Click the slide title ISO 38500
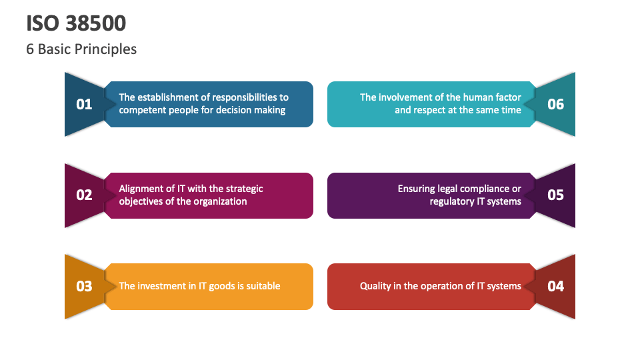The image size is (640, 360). (x=76, y=23)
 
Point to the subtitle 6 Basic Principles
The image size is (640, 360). (x=81, y=49)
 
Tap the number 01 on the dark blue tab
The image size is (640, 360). (x=84, y=105)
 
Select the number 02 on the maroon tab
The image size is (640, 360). (x=84, y=195)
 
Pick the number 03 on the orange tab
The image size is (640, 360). (x=84, y=286)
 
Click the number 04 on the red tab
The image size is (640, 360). (x=555, y=286)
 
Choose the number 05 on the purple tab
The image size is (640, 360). (x=555, y=195)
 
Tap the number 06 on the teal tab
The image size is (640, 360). (x=555, y=105)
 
